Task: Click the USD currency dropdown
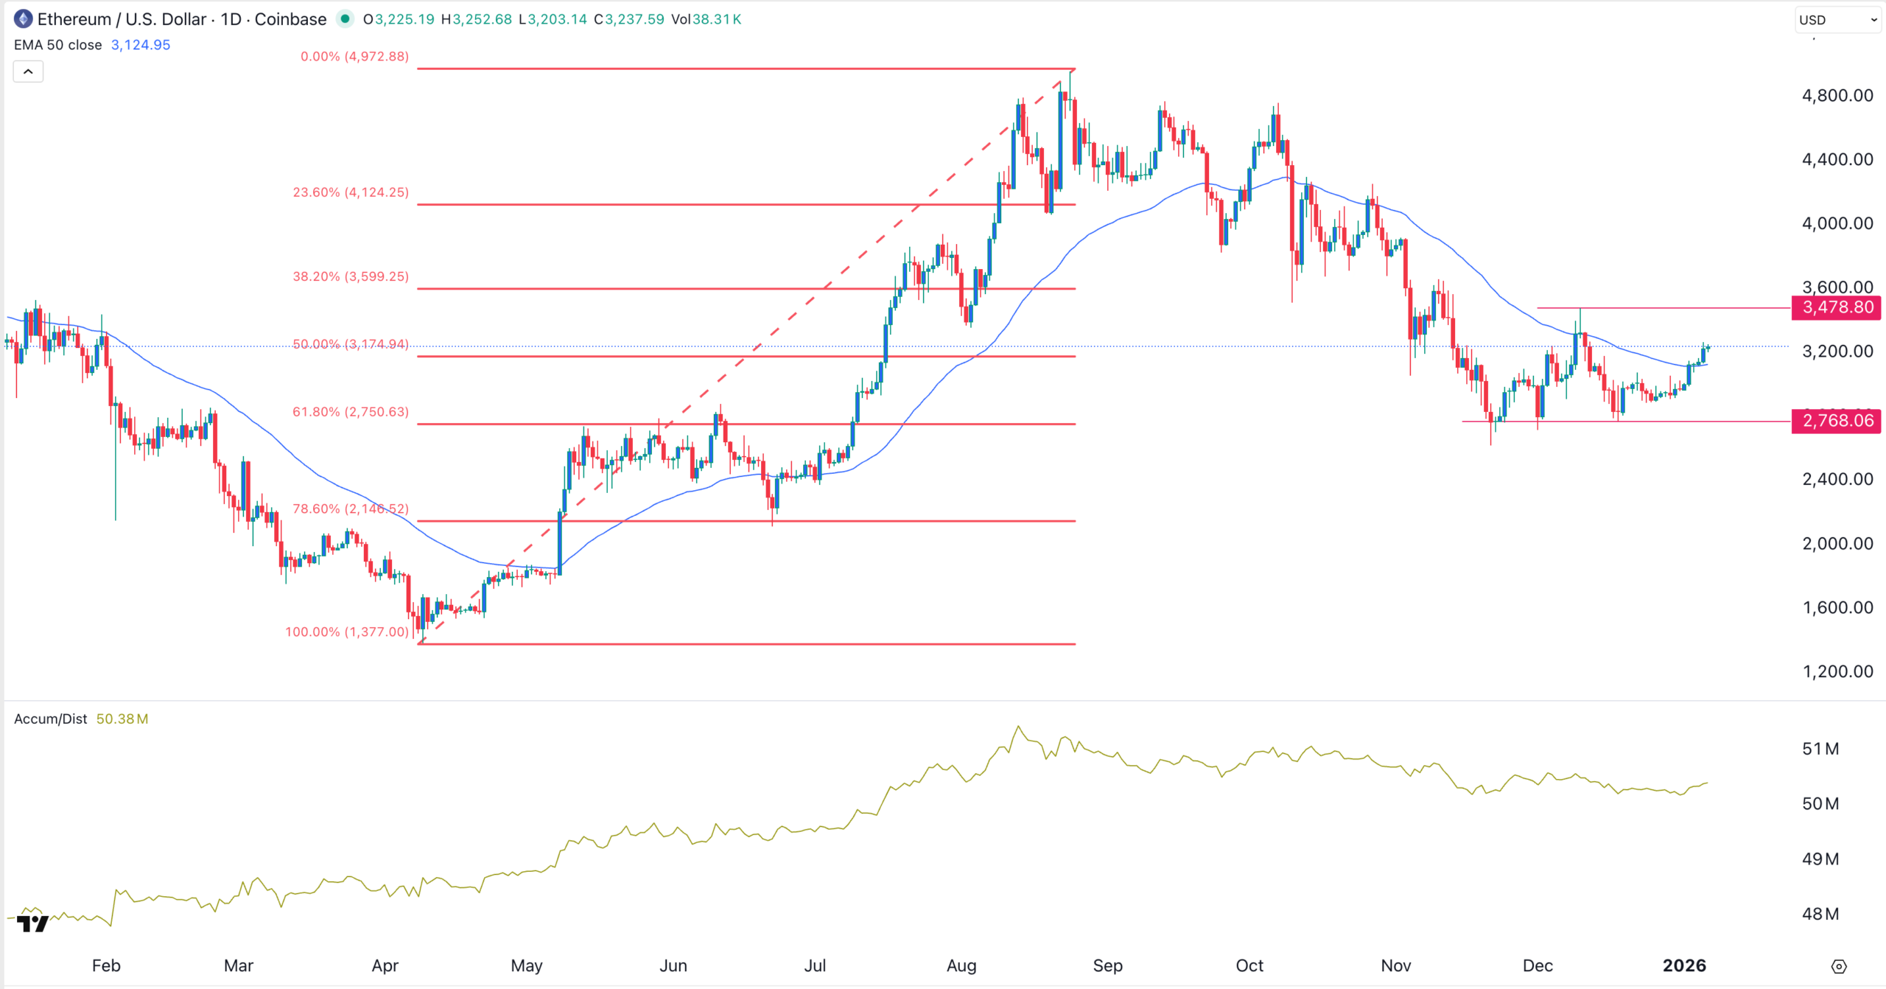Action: (1837, 20)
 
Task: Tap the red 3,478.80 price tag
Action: (1837, 307)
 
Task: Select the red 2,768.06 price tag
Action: (1837, 421)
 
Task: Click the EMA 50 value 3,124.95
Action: (141, 45)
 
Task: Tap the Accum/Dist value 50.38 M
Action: (122, 719)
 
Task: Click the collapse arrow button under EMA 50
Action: (28, 71)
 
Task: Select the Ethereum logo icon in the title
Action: (23, 19)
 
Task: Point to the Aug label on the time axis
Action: (961, 965)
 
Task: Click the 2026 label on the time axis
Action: (1684, 965)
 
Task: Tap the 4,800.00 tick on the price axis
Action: (1837, 96)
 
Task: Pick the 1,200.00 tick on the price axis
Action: (1837, 671)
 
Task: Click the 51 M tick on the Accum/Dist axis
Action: (1820, 749)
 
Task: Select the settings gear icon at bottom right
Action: (1839, 966)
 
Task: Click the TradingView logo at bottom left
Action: (32, 923)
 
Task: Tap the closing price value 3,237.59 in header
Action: (634, 19)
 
